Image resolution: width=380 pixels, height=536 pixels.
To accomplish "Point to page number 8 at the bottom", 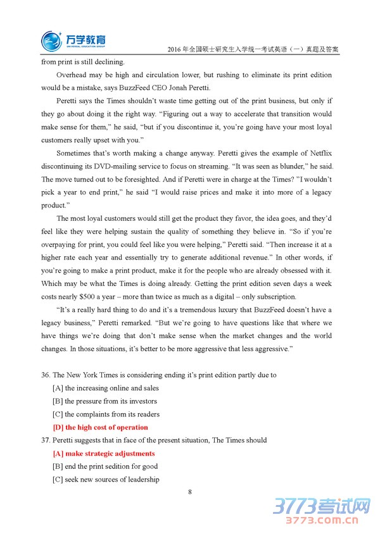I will tap(189, 492).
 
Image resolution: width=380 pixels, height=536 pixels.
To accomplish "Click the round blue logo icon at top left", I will tap(51, 41).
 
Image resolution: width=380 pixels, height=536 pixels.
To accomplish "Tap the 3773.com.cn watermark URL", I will tap(320, 522).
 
